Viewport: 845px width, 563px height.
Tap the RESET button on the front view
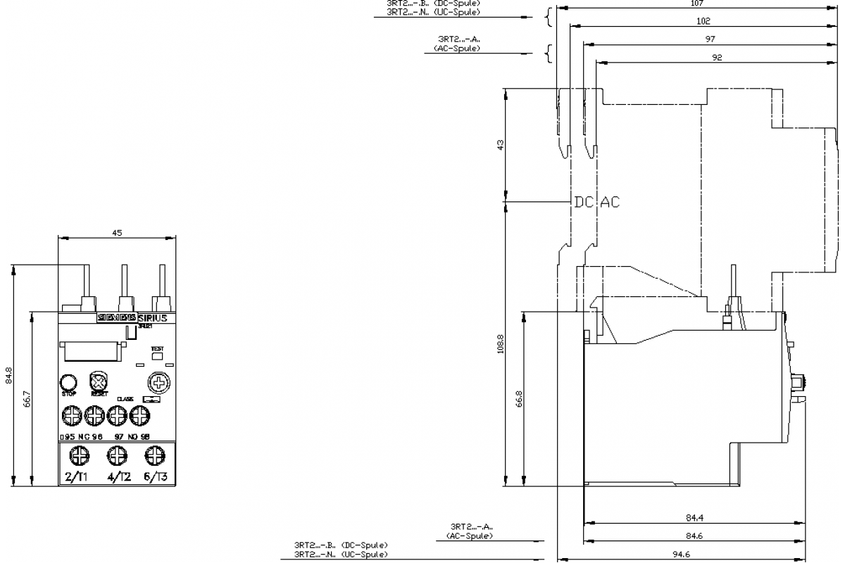pyautogui.click(x=98, y=383)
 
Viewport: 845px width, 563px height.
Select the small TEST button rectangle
pyautogui.click(x=157, y=356)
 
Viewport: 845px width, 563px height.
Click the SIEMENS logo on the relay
pyautogui.click(x=116, y=318)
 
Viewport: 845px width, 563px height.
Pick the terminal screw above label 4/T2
pyautogui.click(x=118, y=456)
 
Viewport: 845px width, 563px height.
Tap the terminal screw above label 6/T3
pyautogui.click(x=153, y=456)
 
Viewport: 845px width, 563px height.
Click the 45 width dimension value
pyautogui.click(x=117, y=234)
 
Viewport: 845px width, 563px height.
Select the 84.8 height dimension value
pyautogui.click(x=8, y=375)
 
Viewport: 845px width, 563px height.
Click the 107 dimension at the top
pyautogui.click(x=694, y=4)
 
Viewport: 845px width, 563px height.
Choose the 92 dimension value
pyautogui.click(x=717, y=58)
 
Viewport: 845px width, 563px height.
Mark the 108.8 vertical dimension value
pyautogui.click(x=501, y=350)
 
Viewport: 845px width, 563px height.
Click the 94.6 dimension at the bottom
pyautogui.click(x=680, y=555)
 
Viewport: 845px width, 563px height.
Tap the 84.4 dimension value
pyautogui.click(x=694, y=519)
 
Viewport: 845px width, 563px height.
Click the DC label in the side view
pyautogui.click(x=583, y=202)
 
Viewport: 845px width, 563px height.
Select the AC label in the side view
pyautogui.click(x=610, y=202)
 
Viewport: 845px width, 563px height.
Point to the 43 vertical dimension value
pyautogui.click(x=501, y=145)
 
